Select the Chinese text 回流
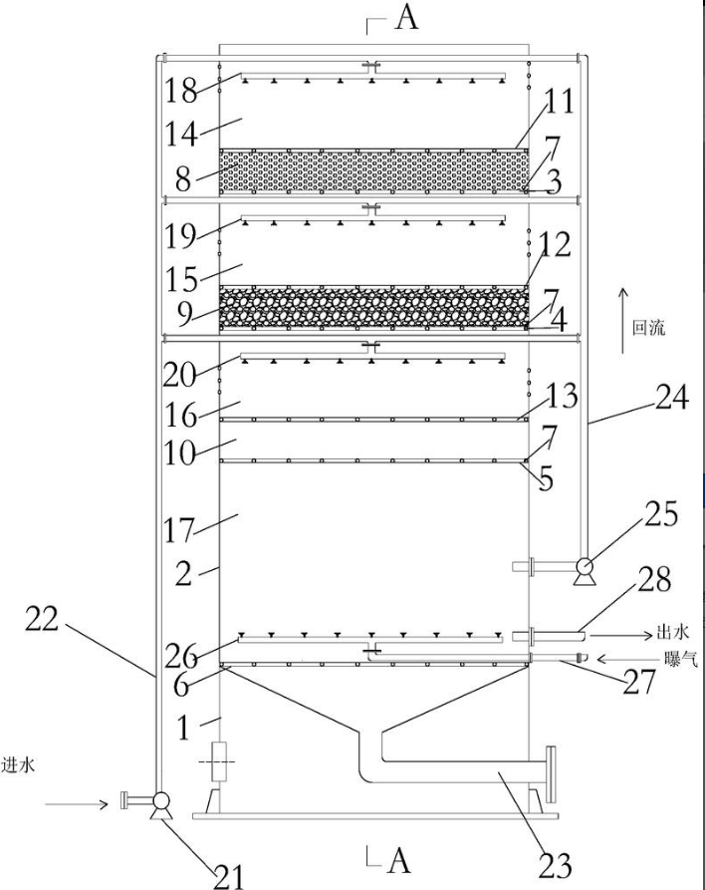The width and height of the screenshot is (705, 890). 649,328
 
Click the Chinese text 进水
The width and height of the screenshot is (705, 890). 18,764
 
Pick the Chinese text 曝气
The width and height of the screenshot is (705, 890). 681,659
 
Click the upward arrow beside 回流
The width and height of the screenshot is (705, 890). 622,321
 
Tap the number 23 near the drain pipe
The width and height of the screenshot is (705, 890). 555,866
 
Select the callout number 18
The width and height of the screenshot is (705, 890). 181,90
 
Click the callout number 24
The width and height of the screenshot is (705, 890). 672,398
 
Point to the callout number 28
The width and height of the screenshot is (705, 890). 654,579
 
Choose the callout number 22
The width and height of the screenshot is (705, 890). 42,620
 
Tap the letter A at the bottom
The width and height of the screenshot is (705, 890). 398,862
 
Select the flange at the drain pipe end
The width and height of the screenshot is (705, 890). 551,774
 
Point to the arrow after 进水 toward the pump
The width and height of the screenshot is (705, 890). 77,803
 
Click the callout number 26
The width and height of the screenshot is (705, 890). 181,657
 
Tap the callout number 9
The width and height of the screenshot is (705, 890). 184,315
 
